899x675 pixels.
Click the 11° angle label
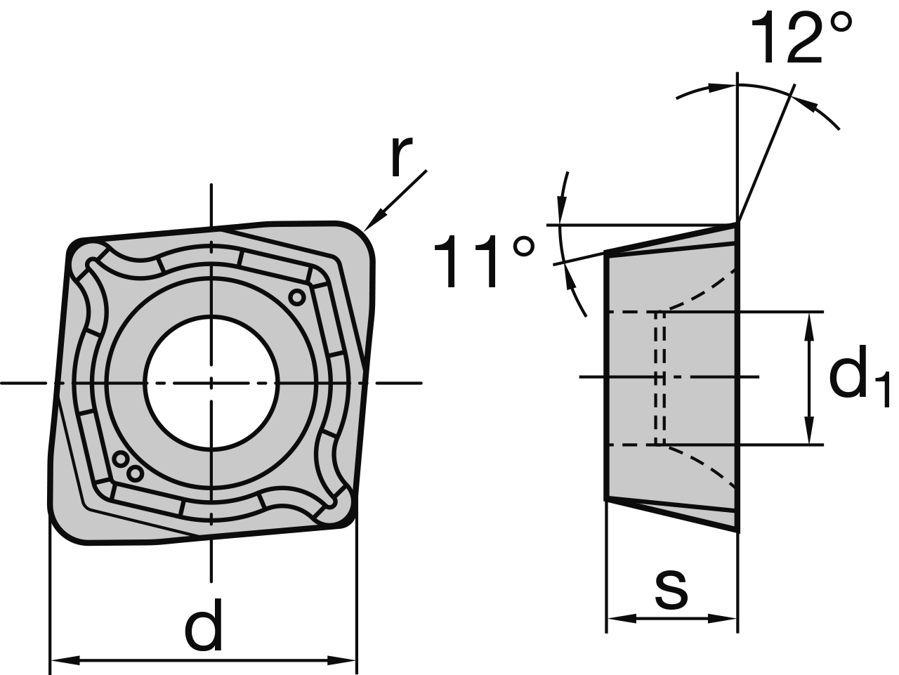coord(484,261)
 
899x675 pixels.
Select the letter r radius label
coord(401,156)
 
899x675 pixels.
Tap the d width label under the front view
coord(204,624)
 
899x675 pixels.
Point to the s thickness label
coord(671,590)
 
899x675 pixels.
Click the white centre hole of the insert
coord(211,383)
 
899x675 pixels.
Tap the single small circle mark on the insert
coord(297,297)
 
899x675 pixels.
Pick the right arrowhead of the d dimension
coord(342,660)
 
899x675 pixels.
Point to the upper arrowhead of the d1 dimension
coord(809,327)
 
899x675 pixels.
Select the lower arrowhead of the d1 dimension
coord(809,430)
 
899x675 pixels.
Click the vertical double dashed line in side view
coord(660,378)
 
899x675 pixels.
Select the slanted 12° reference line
coord(766,153)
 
